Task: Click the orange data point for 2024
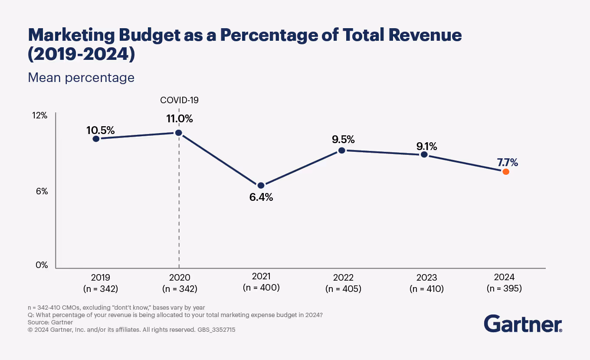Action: coord(505,172)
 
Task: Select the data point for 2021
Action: coord(261,185)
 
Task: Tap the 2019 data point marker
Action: coord(96,139)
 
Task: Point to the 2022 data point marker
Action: coord(342,150)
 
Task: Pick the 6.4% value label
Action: coord(261,197)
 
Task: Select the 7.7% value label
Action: coord(508,163)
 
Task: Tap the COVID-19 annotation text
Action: coord(179,100)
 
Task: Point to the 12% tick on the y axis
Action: coord(40,115)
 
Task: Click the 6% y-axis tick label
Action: coord(42,191)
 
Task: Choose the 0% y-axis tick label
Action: coord(42,265)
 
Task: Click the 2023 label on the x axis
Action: coord(426,278)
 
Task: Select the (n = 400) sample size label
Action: coord(261,287)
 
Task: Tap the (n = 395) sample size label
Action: coord(504,288)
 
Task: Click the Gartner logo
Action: coord(523,324)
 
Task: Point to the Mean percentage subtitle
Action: coord(81,78)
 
